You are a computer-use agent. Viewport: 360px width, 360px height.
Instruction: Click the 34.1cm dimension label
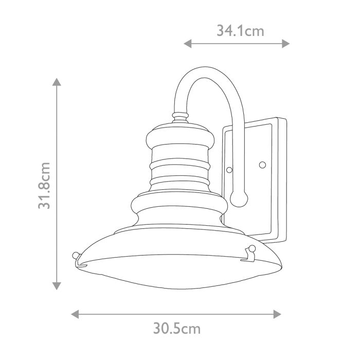pyautogui.click(x=240, y=31)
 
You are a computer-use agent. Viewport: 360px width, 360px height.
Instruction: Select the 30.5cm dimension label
pyautogui.click(x=176, y=327)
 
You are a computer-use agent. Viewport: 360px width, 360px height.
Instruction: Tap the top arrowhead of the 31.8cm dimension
pyautogui.click(x=57, y=82)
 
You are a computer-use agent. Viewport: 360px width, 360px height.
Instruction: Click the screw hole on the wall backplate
pyautogui.click(x=263, y=165)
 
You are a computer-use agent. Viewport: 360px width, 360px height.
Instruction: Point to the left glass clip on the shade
pyautogui.click(x=77, y=256)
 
